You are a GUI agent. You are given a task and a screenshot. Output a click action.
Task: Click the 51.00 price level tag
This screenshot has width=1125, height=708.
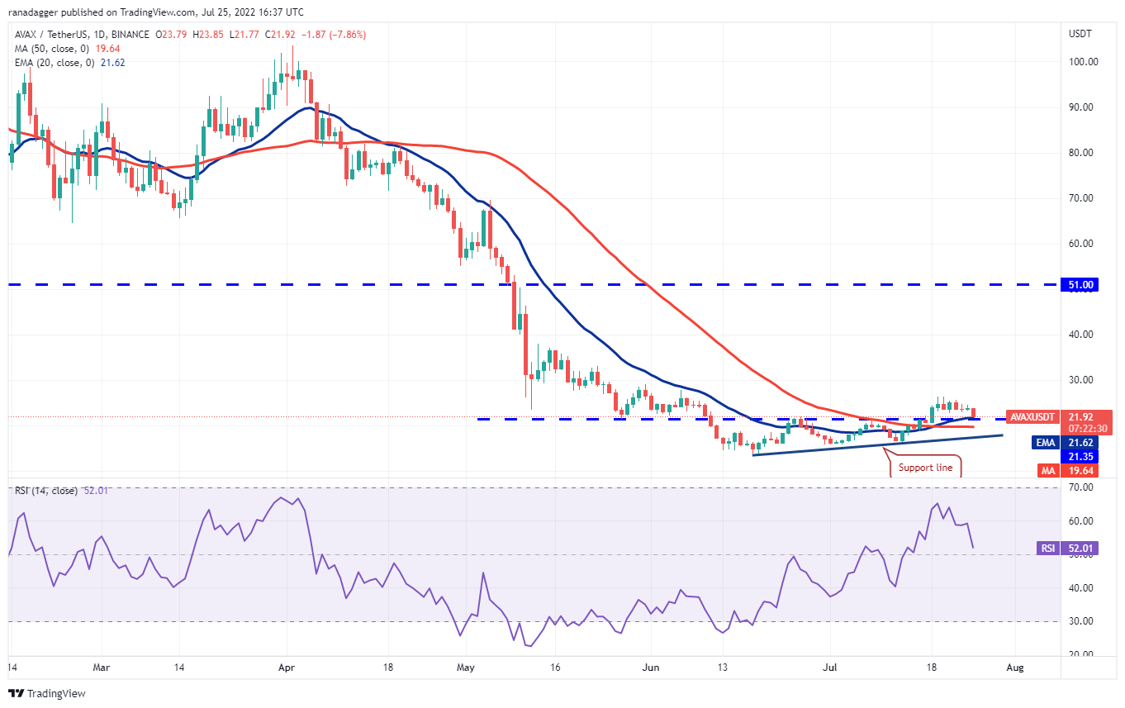click(1080, 285)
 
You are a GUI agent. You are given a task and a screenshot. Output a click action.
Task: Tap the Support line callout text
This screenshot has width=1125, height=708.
click(925, 468)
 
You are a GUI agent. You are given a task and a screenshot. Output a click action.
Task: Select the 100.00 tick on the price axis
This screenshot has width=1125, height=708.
click(1084, 62)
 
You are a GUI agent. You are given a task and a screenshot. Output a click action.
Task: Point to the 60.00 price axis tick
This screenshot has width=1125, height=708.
click(1080, 244)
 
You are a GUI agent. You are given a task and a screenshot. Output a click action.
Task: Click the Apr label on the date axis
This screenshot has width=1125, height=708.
click(287, 668)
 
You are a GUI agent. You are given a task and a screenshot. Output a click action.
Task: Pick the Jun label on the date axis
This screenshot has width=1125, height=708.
click(650, 668)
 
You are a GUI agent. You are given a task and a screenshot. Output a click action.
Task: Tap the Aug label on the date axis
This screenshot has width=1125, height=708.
click(1015, 668)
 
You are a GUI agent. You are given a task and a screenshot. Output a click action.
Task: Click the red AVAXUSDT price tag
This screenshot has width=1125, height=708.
click(1032, 417)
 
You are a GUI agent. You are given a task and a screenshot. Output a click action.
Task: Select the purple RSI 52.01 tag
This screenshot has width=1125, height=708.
click(1067, 549)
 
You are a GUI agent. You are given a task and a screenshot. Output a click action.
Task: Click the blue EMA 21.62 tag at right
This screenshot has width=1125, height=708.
click(1065, 443)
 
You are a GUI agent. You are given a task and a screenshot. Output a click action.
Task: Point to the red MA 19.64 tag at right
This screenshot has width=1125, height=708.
click(1068, 471)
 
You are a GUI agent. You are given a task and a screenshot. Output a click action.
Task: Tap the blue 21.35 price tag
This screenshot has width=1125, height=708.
click(1080, 457)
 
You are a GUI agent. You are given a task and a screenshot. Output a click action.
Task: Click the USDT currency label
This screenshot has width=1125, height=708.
click(1080, 34)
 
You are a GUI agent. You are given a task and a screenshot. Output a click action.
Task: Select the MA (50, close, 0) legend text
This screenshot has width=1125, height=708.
click(52, 49)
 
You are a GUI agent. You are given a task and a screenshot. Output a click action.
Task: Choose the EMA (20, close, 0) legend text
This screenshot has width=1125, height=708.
click(55, 63)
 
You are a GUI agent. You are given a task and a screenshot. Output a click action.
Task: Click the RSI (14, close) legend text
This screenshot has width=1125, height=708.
click(46, 491)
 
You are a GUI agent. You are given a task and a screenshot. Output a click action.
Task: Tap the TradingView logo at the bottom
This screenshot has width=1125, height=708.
click(47, 693)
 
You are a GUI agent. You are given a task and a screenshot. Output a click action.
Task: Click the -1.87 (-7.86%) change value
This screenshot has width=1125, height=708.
click(334, 35)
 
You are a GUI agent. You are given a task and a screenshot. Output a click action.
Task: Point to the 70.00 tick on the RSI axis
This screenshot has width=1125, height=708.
click(1080, 487)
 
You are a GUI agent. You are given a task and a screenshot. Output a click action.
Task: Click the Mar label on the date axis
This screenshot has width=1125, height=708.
click(102, 668)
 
